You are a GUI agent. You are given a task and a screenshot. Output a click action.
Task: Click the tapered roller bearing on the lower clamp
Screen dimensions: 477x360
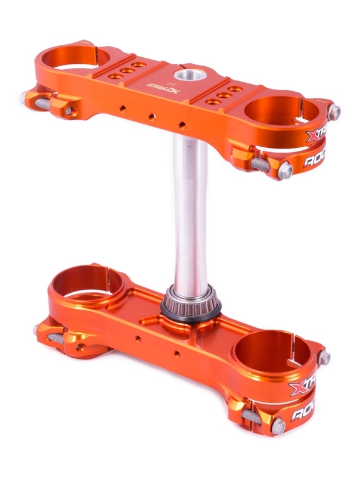[x=191, y=303]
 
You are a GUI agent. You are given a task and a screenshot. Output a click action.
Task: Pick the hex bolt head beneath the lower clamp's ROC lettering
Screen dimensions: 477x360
[x=278, y=424]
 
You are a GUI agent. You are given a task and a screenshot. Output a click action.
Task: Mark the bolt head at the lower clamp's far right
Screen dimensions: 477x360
[x=325, y=358]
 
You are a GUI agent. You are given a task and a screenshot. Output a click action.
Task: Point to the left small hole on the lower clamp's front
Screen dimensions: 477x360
[x=138, y=338]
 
